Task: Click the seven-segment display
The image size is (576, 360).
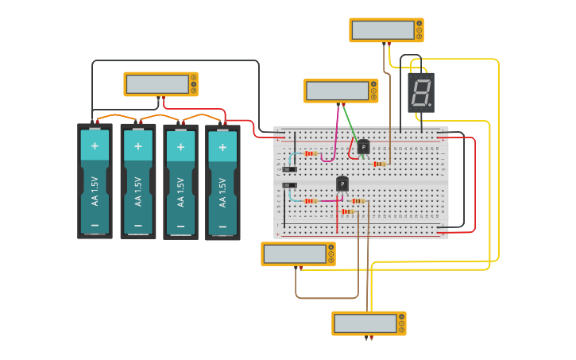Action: pos(421,93)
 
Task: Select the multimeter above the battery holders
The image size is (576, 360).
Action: pos(160,83)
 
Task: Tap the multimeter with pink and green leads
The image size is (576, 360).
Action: pos(340,91)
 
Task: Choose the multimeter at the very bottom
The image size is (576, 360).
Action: pos(368,323)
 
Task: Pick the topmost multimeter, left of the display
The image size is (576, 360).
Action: pos(386,30)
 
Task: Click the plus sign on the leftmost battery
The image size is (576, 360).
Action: pos(95,145)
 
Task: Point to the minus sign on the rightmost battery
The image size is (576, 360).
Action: pos(222,226)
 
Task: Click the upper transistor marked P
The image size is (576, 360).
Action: pos(363,146)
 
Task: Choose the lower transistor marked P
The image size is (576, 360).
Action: pos(342,184)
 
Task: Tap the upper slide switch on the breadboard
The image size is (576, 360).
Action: pos(290,169)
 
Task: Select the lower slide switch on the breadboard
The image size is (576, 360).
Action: pos(290,185)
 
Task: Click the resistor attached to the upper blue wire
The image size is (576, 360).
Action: pos(311,153)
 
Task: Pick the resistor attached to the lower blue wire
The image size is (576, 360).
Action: pos(311,201)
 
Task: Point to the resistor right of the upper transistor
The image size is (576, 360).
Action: pos(380,165)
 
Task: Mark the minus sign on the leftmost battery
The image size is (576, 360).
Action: pos(95,226)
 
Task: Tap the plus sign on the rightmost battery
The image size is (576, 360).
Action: pos(222,146)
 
